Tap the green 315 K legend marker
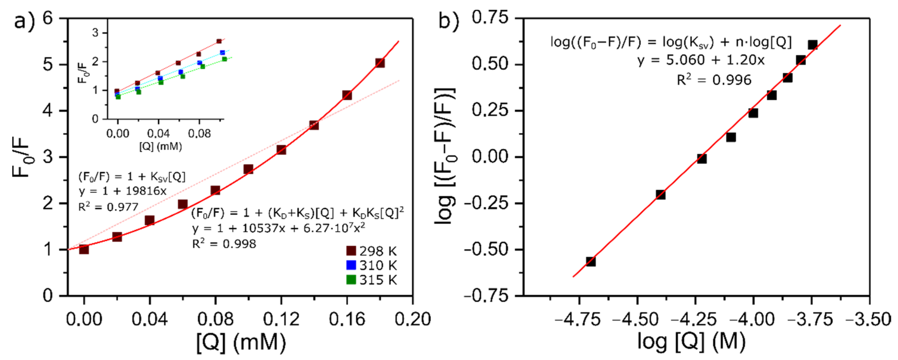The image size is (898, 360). click(351, 280)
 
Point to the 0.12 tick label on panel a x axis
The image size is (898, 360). click(281, 319)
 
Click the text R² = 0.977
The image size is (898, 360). click(108, 207)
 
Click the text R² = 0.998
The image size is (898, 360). click(224, 244)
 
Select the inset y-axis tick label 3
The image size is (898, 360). click(95, 33)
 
